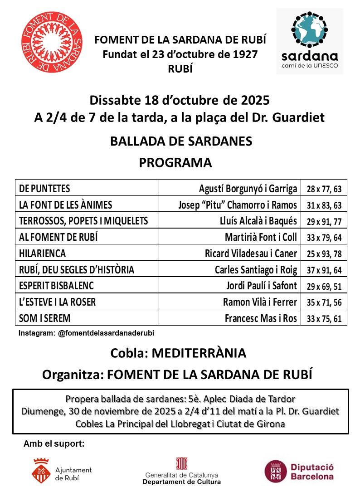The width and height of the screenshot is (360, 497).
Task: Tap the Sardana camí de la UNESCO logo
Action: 310,41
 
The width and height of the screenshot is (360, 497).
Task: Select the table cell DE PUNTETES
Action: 45,189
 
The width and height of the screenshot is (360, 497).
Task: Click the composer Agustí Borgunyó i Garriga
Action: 248,189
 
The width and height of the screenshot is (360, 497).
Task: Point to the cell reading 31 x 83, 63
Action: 324,205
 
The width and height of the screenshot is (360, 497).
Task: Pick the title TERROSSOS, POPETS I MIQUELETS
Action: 83,221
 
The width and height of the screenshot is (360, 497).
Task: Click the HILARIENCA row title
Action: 43,253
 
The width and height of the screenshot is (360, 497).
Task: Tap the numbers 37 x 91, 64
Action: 324,270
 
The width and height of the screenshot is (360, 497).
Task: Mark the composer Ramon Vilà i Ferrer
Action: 260,302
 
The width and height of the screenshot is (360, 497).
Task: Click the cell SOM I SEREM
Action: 44,318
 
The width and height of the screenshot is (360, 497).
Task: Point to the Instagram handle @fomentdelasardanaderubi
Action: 106,333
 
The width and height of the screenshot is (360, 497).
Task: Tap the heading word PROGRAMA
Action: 175,162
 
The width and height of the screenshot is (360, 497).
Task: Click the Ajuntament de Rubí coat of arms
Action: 41,472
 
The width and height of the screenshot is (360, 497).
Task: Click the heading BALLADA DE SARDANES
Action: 181,141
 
